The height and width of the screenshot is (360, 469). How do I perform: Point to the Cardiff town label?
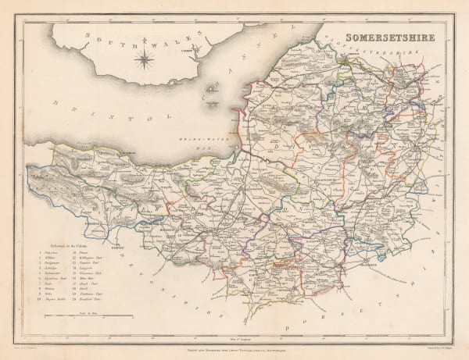coord(209,49)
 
